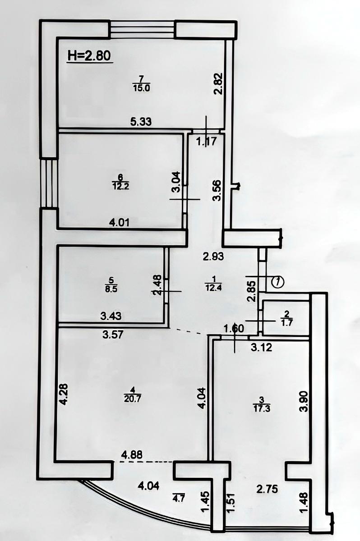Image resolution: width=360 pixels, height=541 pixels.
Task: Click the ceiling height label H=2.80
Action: click(x=89, y=55)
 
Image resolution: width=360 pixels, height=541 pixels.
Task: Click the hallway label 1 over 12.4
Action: click(x=213, y=285)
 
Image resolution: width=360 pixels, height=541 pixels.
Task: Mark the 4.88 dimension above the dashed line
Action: click(x=132, y=455)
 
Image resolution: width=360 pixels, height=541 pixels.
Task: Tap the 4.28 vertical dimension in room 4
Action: click(x=64, y=394)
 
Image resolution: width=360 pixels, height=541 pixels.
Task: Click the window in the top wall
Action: click(x=142, y=29)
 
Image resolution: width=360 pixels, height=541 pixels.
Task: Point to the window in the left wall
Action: click(x=49, y=183)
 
